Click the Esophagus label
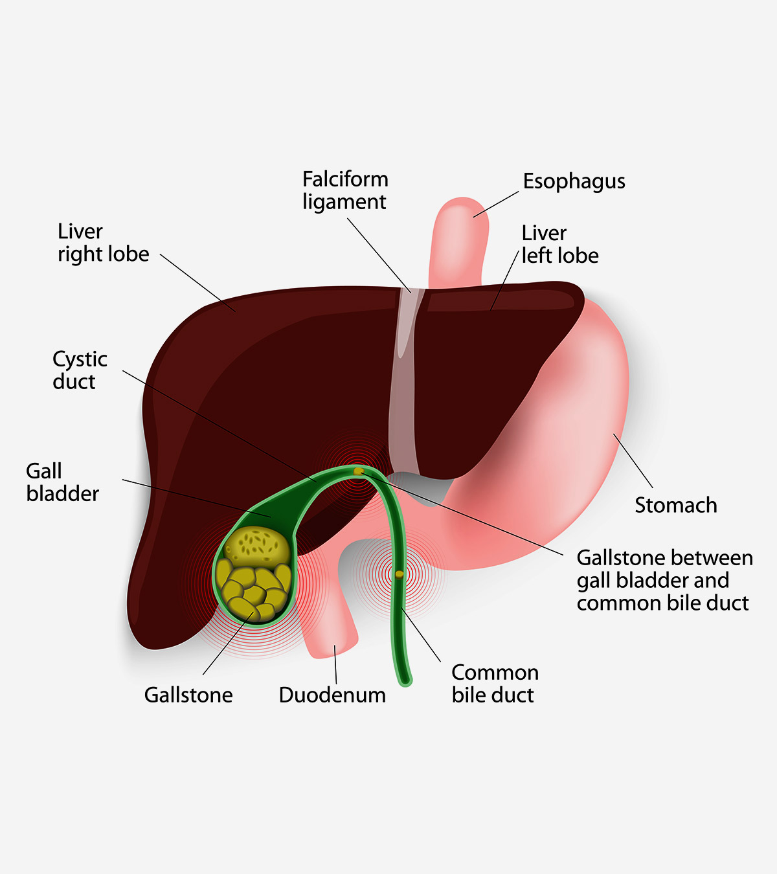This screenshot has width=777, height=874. [x=574, y=182]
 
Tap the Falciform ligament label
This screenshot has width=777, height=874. [x=345, y=190]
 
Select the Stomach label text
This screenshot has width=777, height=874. [x=675, y=505]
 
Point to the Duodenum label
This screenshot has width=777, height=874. [x=332, y=695]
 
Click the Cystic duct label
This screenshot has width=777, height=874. [x=80, y=370]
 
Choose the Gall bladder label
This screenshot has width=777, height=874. [x=63, y=482]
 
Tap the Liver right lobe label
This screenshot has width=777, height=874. [x=104, y=243]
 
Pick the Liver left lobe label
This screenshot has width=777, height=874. [x=560, y=245]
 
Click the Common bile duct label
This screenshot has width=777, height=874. [x=495, y=684]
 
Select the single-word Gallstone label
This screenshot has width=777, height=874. [x=188, y=695]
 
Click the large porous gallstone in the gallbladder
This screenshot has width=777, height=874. [x=258, y=547]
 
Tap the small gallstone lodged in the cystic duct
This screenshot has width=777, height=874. [x=358, y=471]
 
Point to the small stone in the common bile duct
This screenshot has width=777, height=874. [x=400, y=574]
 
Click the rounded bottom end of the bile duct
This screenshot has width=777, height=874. [x=405, y=681]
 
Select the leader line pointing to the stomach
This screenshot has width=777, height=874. [x=633, y=461]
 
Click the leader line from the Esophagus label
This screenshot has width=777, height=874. [x=496, y=204]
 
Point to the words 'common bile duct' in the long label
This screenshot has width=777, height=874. [x=662, y=603]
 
